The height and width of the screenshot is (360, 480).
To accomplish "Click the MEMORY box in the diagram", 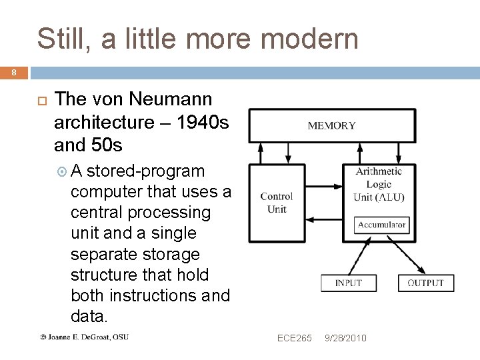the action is pyautogui.click(x=331, y=125).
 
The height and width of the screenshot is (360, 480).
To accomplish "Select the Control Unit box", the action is pyautogui.click(x=276, y=203).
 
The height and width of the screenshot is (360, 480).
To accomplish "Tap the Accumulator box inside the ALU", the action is pyautogui.click(x=381, y=225).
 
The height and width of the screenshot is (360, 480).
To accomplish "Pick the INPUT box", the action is pyautogui.click(x=349, y=283).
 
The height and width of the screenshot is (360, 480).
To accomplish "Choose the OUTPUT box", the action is pyautogui.click(x=425, y=283).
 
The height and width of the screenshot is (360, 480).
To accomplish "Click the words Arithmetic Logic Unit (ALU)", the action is pyautogui.click(x=379, y=184).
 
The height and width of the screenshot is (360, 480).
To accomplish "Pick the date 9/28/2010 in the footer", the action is pyautogui.click(x=345, y=338).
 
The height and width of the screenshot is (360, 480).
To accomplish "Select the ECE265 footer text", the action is pyautogui.click(x=294, y=338).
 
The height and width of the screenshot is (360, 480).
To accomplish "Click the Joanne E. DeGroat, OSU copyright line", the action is pyautogui.click(x=84, y=337).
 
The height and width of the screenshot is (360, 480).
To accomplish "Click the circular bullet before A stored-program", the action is pyautogui.click(x=63, y=171).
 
